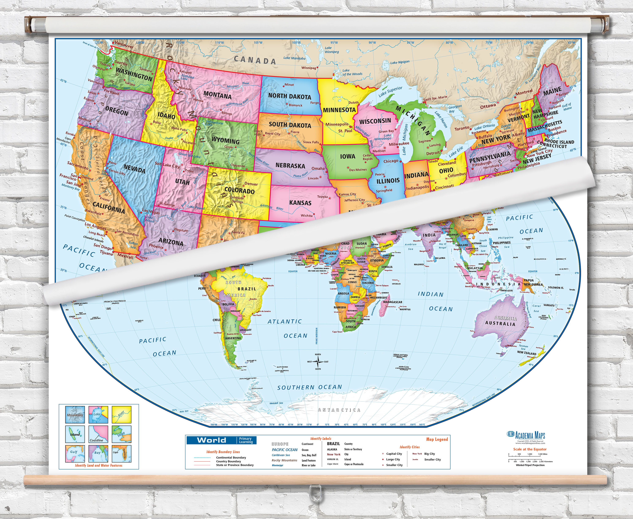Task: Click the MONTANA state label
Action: (x=217, y=95)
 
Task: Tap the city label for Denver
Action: (x=251, y=184)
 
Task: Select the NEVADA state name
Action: (x=134, y=169)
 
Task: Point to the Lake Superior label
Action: (x=390, y=92)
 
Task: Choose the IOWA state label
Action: (x=348, y=156)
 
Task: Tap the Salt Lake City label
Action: (x=167, y=165)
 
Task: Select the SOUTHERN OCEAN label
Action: (x=310, y=387)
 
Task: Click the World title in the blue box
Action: (x=211, y=440)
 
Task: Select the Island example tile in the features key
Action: (x=75, y=434)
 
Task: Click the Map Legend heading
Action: (x=437, y=439)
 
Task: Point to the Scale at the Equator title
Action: (x=530, y=449)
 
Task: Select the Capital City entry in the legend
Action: (x=394, y=454)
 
